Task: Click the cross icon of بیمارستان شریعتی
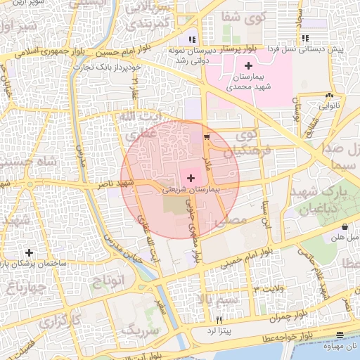(191, 179)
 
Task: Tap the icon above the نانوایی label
(329, 96)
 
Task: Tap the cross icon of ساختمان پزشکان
(29, 252)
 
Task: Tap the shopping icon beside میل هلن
(345, 227)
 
